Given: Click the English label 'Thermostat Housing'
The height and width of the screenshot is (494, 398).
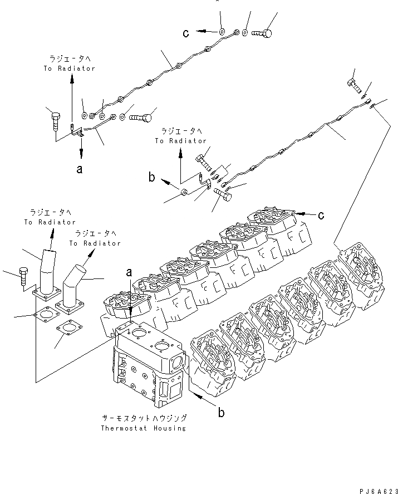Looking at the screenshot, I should [x=144, y=428].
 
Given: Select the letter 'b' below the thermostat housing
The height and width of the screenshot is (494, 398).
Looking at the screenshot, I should [x=221, y=413].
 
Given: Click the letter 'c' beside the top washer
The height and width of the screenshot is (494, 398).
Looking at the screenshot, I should [x=186, y=33].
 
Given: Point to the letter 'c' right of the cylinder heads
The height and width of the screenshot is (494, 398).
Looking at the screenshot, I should [x=321, y=214].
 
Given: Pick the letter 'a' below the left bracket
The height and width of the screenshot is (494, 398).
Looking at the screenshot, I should [x=80, y=169].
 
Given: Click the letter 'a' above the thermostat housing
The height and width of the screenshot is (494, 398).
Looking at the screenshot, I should [x=129, y=273].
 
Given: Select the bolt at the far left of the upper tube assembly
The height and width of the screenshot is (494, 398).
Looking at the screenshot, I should [x=56, y=120].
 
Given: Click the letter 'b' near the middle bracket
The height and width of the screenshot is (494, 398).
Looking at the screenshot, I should [x=151, y=178].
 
